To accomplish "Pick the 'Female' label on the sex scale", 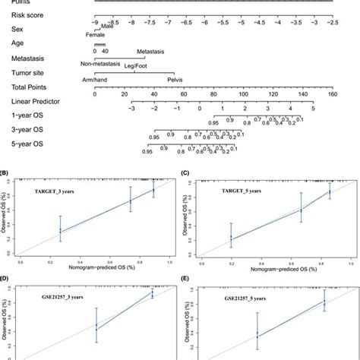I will pos(94,35).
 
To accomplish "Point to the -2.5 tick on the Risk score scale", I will pos(332,24).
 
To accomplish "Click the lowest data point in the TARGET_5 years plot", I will pos(232,238).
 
